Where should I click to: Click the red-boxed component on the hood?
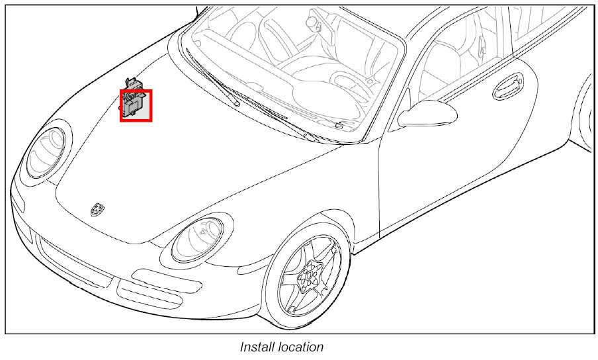pyautogui.click(x=136, y=106)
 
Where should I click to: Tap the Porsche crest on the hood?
pyautogui.click(x=97, y=209)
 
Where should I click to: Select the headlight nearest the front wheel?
pyautogui.click(x=198, y=239)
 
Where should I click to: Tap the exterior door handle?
pyautogui.click(x=508, y=84)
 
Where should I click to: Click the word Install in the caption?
pyautogui.click(x=256, y=347)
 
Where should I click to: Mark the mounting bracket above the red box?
pyautogui.click(x=135, y=83)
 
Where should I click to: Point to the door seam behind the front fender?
pyautogui.click(x=380, y=185)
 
